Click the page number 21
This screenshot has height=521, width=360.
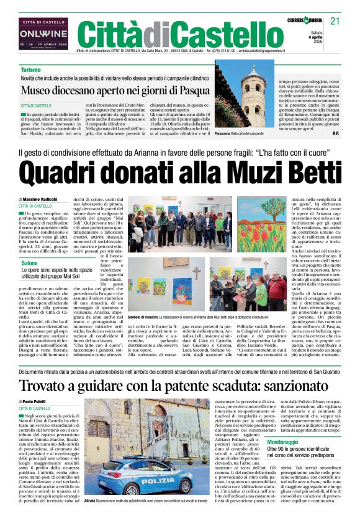pos(335,21)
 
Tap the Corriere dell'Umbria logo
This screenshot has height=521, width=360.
pos(307,22)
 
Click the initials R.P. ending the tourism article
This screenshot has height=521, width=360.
pos(335,150)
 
